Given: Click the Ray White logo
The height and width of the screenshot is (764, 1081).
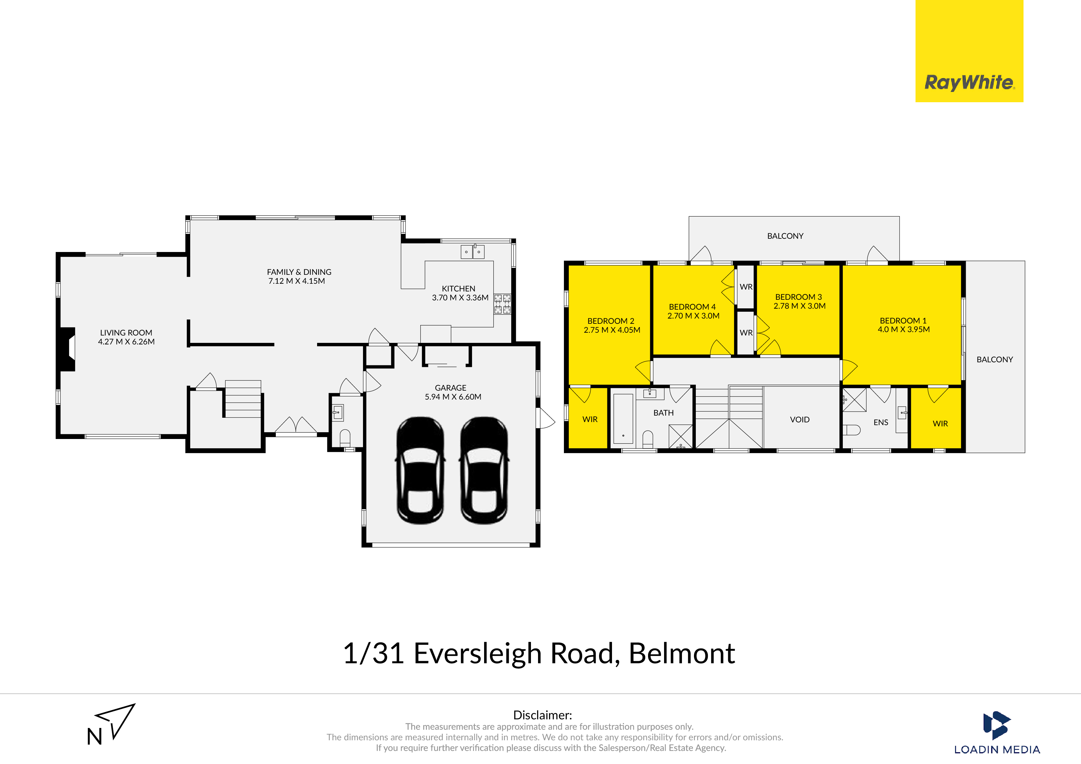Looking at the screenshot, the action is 969,51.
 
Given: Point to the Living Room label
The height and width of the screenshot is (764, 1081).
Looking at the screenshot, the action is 126,332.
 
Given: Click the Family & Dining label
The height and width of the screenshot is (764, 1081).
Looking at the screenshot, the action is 299,272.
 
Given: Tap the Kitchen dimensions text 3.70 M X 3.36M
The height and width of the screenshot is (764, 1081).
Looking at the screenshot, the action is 460,298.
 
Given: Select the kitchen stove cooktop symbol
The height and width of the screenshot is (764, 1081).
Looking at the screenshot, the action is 502,304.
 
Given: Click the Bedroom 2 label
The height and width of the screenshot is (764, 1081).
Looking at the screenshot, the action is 611,321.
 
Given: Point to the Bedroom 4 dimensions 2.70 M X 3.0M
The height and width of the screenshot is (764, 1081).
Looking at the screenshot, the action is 693,316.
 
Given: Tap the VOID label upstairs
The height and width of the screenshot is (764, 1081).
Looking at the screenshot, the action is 799,419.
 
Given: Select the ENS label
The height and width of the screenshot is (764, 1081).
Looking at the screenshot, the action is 880,422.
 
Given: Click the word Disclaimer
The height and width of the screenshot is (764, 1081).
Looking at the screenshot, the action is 542,715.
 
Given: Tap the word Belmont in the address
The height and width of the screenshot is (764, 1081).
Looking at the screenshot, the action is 682,653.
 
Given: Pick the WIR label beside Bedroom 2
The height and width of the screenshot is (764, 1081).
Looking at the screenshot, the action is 590,419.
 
